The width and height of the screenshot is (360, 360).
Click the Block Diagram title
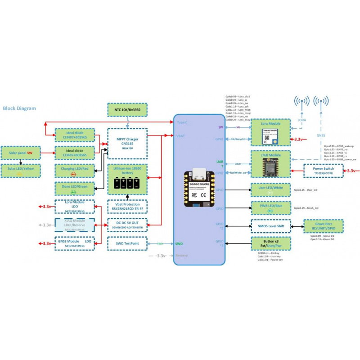(x=19, y=108)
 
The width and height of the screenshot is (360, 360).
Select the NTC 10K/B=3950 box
(x=127, y=109)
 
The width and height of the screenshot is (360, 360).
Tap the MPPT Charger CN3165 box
(x=127, y=143)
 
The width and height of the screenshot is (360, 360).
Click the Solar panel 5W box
(x=21, y=153)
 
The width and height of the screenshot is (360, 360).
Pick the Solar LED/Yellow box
(x=21, y=171)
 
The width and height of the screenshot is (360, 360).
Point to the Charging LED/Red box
(x=75, y=171)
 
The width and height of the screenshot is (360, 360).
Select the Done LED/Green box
(x=75, y=189)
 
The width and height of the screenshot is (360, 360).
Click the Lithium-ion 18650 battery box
(x=127, y=179)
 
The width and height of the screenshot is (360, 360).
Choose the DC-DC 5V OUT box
(x=127, y=225)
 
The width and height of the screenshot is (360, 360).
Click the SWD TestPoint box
(x=127, y=243)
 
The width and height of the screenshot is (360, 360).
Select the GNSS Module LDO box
(x=75, y=243)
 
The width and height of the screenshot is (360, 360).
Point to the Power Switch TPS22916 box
(x=322, y=171)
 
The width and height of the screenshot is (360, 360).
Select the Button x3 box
(x=270, y=243)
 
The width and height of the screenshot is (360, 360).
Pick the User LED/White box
(x=270, y=189)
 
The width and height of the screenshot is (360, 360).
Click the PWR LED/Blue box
(x=270, y=207)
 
